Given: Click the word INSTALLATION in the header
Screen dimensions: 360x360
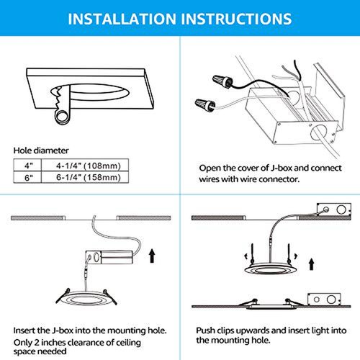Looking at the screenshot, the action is click(122, 19).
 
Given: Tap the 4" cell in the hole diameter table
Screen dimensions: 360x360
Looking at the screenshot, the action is click(27, 165).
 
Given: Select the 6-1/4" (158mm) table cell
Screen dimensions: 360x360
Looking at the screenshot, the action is click(85, 177).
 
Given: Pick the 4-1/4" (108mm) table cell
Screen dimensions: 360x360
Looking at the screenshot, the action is click(85, 165).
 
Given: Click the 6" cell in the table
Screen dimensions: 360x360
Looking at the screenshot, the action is click(27, 177).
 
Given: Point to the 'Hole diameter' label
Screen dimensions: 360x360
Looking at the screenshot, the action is click(41, 150).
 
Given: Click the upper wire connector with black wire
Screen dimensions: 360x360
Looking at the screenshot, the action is click(222, 81).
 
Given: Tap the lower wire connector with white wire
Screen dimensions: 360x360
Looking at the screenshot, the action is click(205, 105).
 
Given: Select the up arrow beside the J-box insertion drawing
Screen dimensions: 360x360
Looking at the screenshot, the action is click(152, 256).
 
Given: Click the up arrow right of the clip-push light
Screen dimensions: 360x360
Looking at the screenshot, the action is click(311, 264).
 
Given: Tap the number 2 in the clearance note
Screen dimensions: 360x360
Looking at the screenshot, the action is click(37, 343).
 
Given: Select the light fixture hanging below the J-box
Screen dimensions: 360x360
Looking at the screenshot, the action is click(86, 297).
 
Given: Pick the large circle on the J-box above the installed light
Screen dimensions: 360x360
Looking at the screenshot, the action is click(331, 300).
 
